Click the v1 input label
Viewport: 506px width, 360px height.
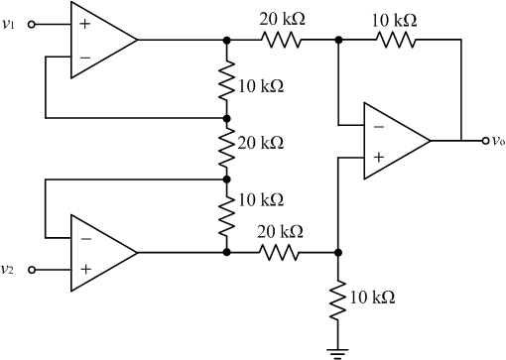[10, 25]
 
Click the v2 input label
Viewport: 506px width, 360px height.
[10, 269]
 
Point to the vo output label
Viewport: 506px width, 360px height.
[497, 140]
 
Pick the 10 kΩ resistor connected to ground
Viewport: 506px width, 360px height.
[339, 297]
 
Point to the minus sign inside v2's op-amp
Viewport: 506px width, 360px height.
[84, 239]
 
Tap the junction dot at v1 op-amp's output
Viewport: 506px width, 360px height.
[228, 40]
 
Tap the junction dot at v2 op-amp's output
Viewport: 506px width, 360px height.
[228, 253]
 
